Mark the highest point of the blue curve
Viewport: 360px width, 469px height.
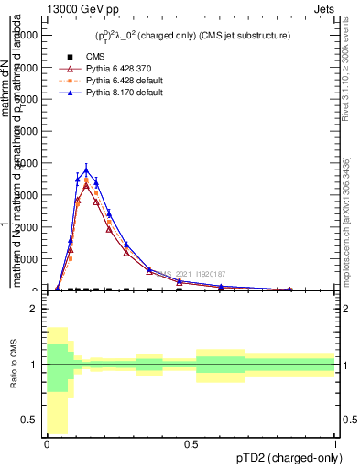(x=86, y=169)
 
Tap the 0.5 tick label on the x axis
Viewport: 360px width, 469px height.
(x=191, y=444)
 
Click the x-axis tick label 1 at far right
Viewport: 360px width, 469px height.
(x=335, y=444)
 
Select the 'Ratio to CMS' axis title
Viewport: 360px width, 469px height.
(x=14, y=365)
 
